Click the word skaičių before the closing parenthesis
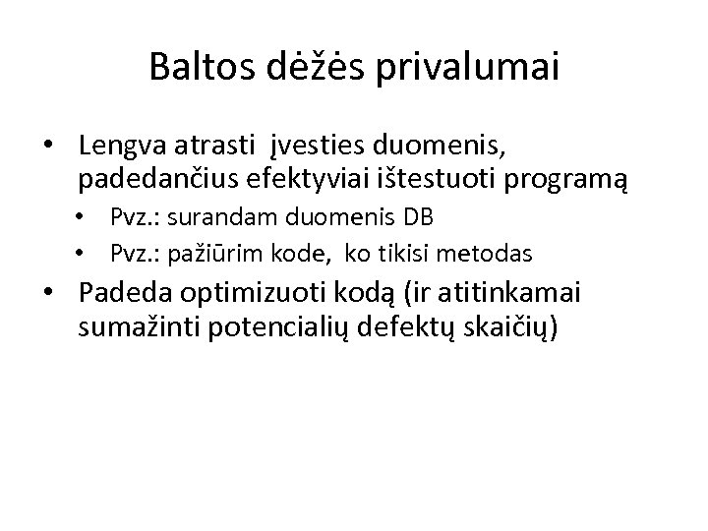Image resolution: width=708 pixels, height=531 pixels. [503, 327]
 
